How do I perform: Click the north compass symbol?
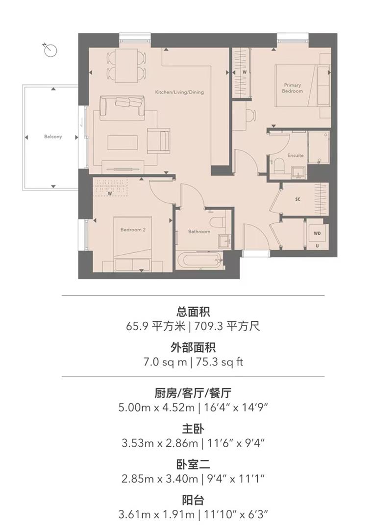tap(50, 49)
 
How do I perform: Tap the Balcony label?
tap(52, 137)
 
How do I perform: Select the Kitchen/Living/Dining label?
tap(179, 92)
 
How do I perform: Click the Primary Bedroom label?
tap(293, 88)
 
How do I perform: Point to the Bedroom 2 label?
tap(133, 229)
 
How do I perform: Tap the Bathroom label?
tap(199, 232)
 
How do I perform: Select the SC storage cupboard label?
tap(298, 200)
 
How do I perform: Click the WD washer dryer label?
tap(317, 233)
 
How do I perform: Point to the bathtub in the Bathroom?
tap(199, 260)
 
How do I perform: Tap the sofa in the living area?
tap(123, 107)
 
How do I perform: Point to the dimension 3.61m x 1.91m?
tap(158, 515)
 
